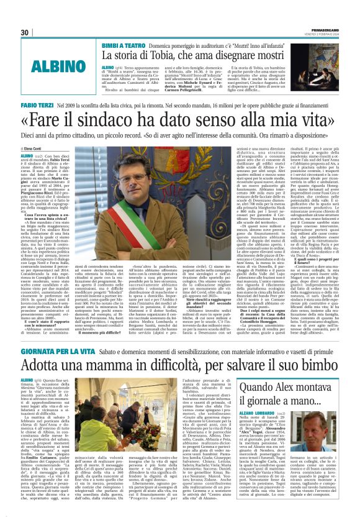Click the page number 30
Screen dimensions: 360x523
[25, 32]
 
